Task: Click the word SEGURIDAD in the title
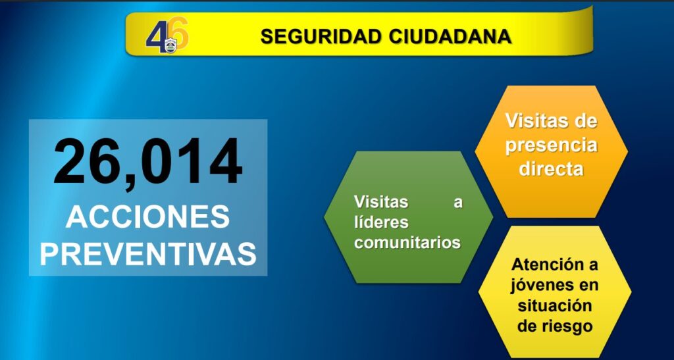pos(321,37)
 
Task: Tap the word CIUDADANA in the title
pos(450,37)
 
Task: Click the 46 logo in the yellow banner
pos(167,36)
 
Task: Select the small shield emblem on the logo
pos(170,46)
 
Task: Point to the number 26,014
pos(148,161)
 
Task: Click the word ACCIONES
pos(148,217)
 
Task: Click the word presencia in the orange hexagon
pos(552,145)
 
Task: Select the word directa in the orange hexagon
pos(552,168)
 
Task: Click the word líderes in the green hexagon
pos(381,222)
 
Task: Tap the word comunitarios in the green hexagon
pos(407,243)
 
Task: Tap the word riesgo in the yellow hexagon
pos(568,326)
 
